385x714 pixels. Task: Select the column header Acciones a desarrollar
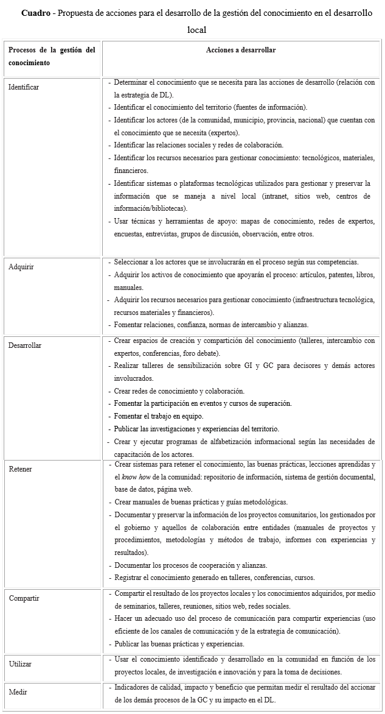click(241, 50)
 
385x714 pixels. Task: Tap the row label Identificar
click(24, 87)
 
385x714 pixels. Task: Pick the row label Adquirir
click(21, 267)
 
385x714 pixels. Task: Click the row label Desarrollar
click(25, 345)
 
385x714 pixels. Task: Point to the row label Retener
click(20, 469)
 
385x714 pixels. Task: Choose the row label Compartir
click(24, 598)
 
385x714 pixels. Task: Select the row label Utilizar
click(20, 664)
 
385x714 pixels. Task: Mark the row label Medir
click(18, 692)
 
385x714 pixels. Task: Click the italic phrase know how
click(136, 476)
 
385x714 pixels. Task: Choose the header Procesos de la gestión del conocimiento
click(52, 56)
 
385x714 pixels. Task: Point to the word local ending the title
click(196, 29)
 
